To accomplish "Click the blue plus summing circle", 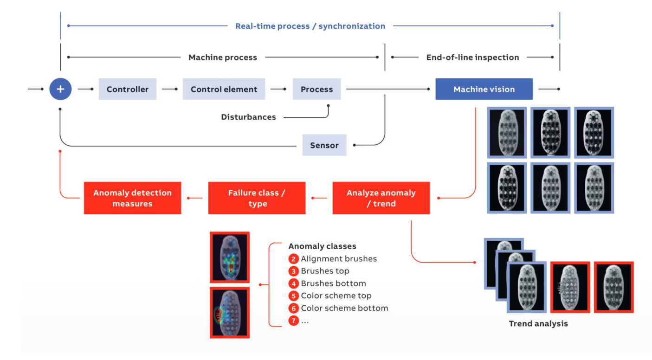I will [60, 89].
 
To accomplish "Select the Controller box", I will [127, 89].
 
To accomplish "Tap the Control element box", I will [224, 89].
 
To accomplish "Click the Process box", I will [316, 89].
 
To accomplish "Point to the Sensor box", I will [324, 145].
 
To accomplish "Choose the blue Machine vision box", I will [484, 89].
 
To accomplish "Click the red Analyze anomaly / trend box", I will [381, 198].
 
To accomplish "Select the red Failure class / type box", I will [257, 198].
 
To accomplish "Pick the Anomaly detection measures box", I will [132, 198].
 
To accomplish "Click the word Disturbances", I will [248, 117].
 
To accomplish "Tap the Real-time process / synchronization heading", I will [310, 26].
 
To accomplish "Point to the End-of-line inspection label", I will [472, 58].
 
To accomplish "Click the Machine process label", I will [223, 58].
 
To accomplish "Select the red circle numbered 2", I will [293, 259].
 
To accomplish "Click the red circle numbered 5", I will [293, 296].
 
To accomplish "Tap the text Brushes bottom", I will [333, 283].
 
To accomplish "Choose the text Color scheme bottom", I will [344, 308].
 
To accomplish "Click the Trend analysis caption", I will [538, 323].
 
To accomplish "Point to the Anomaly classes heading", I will [322, 246].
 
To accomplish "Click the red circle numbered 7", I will [293, 320].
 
